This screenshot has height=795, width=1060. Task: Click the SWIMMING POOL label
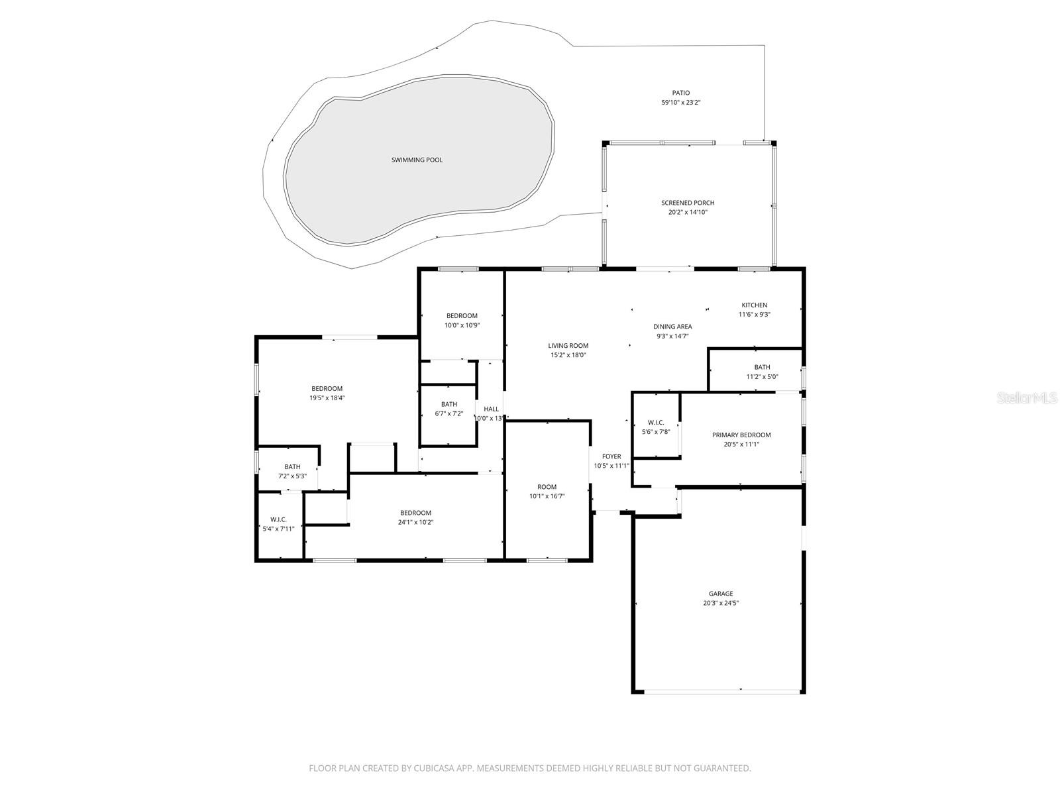click(417, 160)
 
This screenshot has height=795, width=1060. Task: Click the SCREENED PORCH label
click(688, 203)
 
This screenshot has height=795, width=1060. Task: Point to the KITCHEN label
click(754, 305)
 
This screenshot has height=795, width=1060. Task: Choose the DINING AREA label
click(672, 327)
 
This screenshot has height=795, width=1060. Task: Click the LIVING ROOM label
click(568, 346)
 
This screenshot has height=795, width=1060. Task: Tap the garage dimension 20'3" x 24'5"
click(721, 603)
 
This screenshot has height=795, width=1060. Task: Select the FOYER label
click(611, 456)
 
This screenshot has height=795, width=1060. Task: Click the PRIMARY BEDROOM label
click(741, 435)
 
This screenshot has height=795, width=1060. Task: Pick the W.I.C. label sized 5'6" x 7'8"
click(656, 423)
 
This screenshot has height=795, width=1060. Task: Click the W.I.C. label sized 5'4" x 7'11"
click(278, 519)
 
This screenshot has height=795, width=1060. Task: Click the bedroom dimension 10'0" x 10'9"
click(462, 325)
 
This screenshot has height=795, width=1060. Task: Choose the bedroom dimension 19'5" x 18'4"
click(327, 398)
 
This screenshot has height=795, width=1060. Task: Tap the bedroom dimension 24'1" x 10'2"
click(415, 522)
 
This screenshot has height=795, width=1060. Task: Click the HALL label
click(491, 409)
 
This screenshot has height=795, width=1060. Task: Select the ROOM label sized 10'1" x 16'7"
click(547, 487)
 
